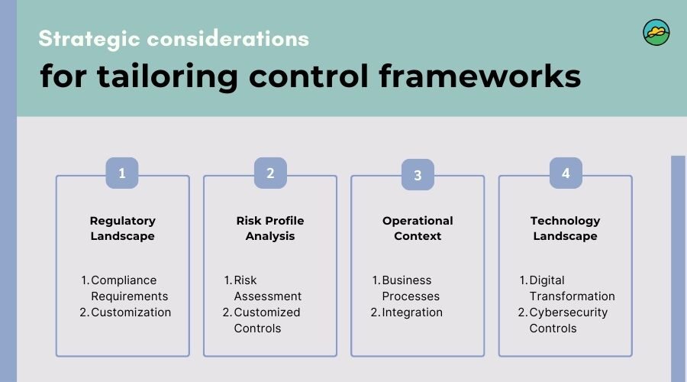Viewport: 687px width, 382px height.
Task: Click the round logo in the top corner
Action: [656, 32]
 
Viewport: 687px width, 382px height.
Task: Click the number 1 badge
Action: [122, 173]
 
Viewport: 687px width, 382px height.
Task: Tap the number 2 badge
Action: [270, 173]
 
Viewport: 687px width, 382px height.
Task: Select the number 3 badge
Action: [418, 174]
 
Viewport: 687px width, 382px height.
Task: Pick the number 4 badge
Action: [566, 173]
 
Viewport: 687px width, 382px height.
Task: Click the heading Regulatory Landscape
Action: [123, 228]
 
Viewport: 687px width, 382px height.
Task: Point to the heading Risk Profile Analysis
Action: [270, 228]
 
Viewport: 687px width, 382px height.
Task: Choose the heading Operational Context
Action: [418, 228]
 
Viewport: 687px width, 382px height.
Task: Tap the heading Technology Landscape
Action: [565, 228]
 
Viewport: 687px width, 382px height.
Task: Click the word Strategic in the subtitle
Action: [89, 39]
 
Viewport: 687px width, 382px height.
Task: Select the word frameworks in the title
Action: [480, 76]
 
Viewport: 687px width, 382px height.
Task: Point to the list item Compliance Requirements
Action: [125, 288]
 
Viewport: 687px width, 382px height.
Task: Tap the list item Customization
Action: [125, 312]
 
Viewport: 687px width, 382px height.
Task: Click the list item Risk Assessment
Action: [263, 288]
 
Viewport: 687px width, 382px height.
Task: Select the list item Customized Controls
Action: [262, 320]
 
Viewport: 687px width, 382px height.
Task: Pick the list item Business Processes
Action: [406, 288]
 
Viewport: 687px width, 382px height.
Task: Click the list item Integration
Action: [407, 312]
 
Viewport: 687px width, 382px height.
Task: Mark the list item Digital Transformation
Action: [567, 288]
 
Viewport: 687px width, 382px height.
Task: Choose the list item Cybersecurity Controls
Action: [563, 320]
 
